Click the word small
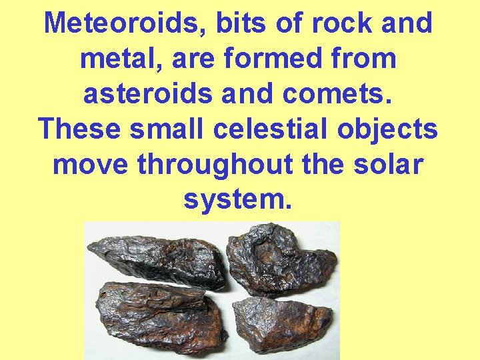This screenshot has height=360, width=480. tap(168, 129)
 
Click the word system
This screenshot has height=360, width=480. tap(238, 199)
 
